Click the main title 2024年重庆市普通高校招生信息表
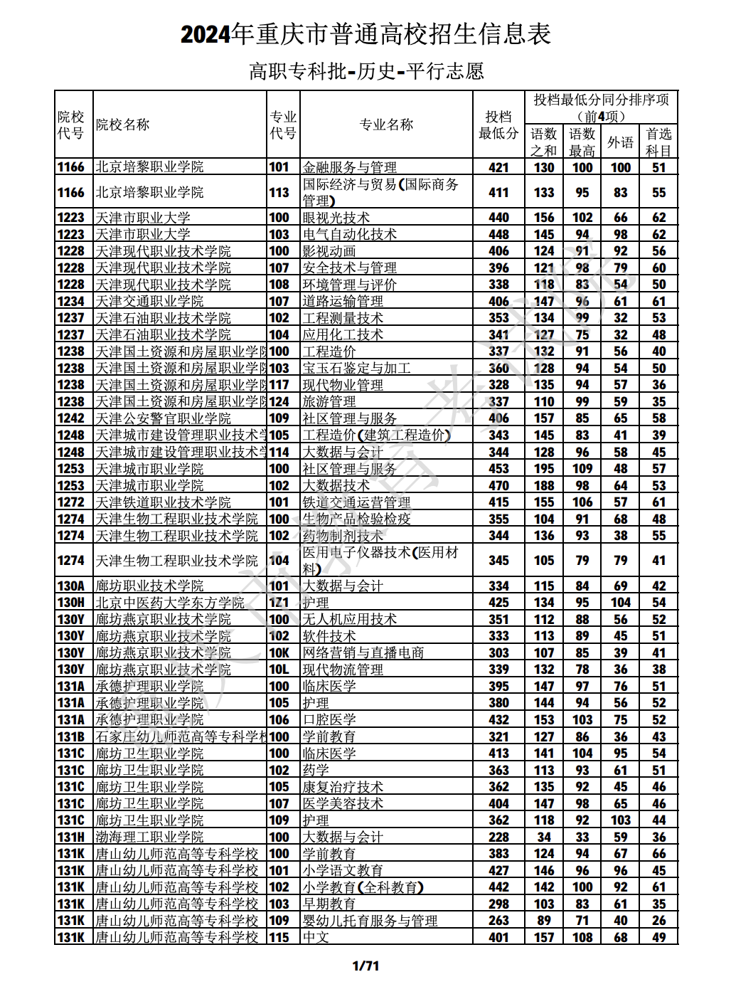pyautogui.click(x=365, y=34)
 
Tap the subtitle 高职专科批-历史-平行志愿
pyautogui.click(x=365, y=71)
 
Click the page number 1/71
pyautogui.click(x=365, y=966)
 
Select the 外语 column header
pyautogui.click(x=620, y=142)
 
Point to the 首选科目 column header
pyautogui.click(x=658, y=142)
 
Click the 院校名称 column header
pyautogui.click(x=122, y=125)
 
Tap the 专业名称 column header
pyautogui.click(x=386, y=125)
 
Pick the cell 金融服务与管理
pyautogui.click(x=350, y=167)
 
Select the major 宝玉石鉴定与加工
pyautogui.click(x=356, y=369)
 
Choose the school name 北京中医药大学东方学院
pyautogui.click(x=170, y=603)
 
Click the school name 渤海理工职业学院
pyautogui.click(x=149, y=837)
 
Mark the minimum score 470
pyautogui.click(x=498, y=486)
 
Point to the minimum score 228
pyautogui.click(x=498, y=837)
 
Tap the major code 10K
pyautogui.click(x=279, y=653)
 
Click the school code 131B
pyautogui.click(x=71, y=737)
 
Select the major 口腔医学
pyautogui.click(x=329, y=720)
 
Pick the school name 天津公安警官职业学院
pyautogui.click(x=163, y=418)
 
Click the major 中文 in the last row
pyautogui.click(x=316, y=938)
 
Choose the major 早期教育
pyautogui.click(x=329, y=904)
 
